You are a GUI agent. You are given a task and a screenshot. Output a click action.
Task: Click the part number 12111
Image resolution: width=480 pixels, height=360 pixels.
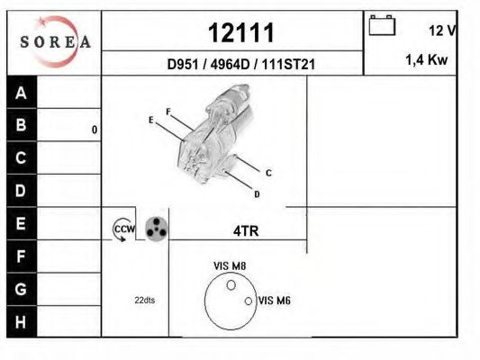241,32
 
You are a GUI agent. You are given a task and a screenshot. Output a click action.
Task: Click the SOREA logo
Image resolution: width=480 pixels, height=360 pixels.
55,41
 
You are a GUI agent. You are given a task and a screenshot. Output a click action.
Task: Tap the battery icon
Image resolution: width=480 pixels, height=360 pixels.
382,25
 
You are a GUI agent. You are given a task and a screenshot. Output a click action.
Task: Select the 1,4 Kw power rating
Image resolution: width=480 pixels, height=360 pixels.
427,59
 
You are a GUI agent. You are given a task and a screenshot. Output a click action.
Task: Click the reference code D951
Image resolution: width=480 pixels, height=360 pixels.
183,64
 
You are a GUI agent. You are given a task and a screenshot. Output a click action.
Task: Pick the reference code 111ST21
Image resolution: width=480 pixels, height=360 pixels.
288,64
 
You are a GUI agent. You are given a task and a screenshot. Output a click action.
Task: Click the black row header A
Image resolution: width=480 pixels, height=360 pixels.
22,93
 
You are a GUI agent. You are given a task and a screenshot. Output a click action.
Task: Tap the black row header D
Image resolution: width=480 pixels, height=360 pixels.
22,191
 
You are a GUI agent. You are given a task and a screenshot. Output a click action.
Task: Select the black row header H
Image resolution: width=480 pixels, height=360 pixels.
22,322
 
